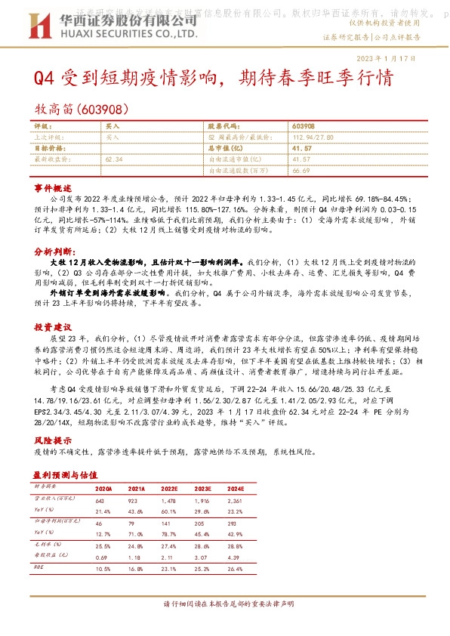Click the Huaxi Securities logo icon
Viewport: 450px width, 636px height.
pyautogui.click(x=35, y=28)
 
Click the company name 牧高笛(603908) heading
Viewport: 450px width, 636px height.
pyautogui.click(x=83, y=109)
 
